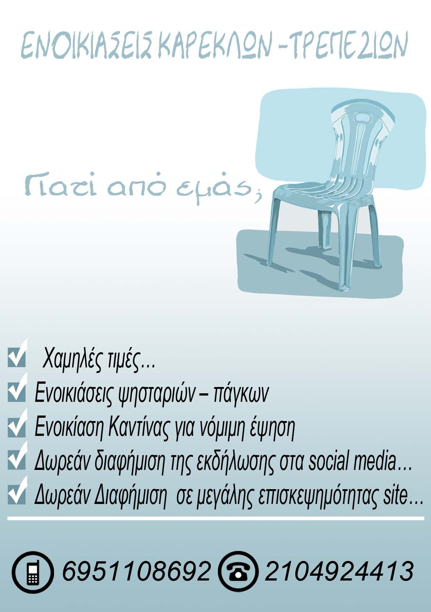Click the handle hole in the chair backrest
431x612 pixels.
(360, 118)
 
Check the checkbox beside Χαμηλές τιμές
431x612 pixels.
(16, 357)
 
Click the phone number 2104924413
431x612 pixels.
(339, 571)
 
